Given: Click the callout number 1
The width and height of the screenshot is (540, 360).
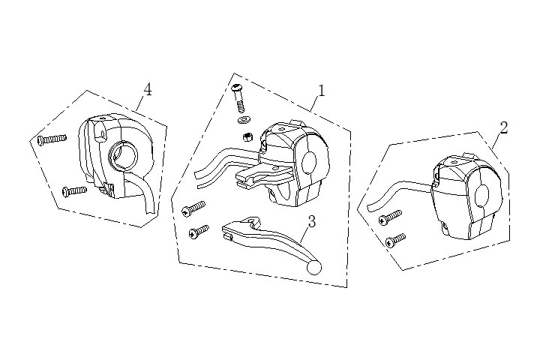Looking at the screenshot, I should (x=321, y=91).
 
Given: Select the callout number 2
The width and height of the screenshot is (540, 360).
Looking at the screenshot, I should (x=503, y=127).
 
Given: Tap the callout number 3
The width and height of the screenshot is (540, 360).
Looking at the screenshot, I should (x=311, y=221).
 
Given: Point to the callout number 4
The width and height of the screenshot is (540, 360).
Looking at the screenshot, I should (x=148, y=90).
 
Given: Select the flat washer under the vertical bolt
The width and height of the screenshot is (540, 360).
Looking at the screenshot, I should (x=242, y=120).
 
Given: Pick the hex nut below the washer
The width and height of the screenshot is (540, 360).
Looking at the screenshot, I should (x=246, y=136).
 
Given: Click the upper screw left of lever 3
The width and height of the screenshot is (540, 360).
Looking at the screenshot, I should (x=193, y=206).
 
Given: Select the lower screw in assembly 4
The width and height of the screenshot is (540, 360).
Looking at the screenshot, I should (x=74, y=190).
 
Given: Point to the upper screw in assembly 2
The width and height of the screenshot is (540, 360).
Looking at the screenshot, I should (x=390, y=217).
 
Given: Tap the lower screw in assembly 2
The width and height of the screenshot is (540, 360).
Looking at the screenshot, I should (x=395, y=240).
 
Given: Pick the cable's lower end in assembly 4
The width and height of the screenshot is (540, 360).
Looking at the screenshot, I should (x=151, y=214).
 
